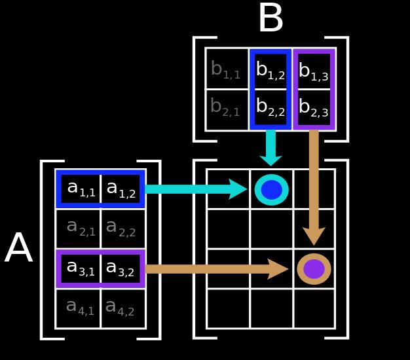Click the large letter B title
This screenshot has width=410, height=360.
point(270,19)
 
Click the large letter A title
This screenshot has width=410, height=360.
point(19,249)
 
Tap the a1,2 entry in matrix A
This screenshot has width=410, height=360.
point(121,189)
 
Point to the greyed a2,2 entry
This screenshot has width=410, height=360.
point(121,228)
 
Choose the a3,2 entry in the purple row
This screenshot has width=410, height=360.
point(121,268)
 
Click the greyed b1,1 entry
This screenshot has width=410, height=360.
point(225,69)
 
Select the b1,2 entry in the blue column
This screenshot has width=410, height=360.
point(270,70)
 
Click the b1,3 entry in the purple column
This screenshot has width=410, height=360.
point(313,70)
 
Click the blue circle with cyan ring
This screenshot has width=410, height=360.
point(271,190)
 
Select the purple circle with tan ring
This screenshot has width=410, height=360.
point(314,269)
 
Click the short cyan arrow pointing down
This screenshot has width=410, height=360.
point(270,148)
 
